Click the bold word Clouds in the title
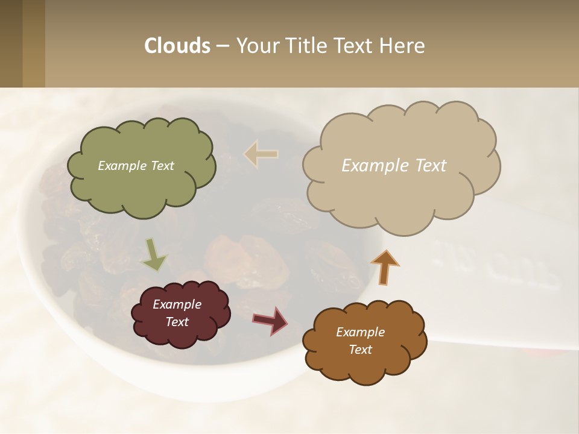177,46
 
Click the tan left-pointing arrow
261,154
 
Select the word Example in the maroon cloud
177,304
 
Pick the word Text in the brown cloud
360,350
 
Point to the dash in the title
222,46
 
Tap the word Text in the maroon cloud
177,322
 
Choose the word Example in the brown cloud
360,332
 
